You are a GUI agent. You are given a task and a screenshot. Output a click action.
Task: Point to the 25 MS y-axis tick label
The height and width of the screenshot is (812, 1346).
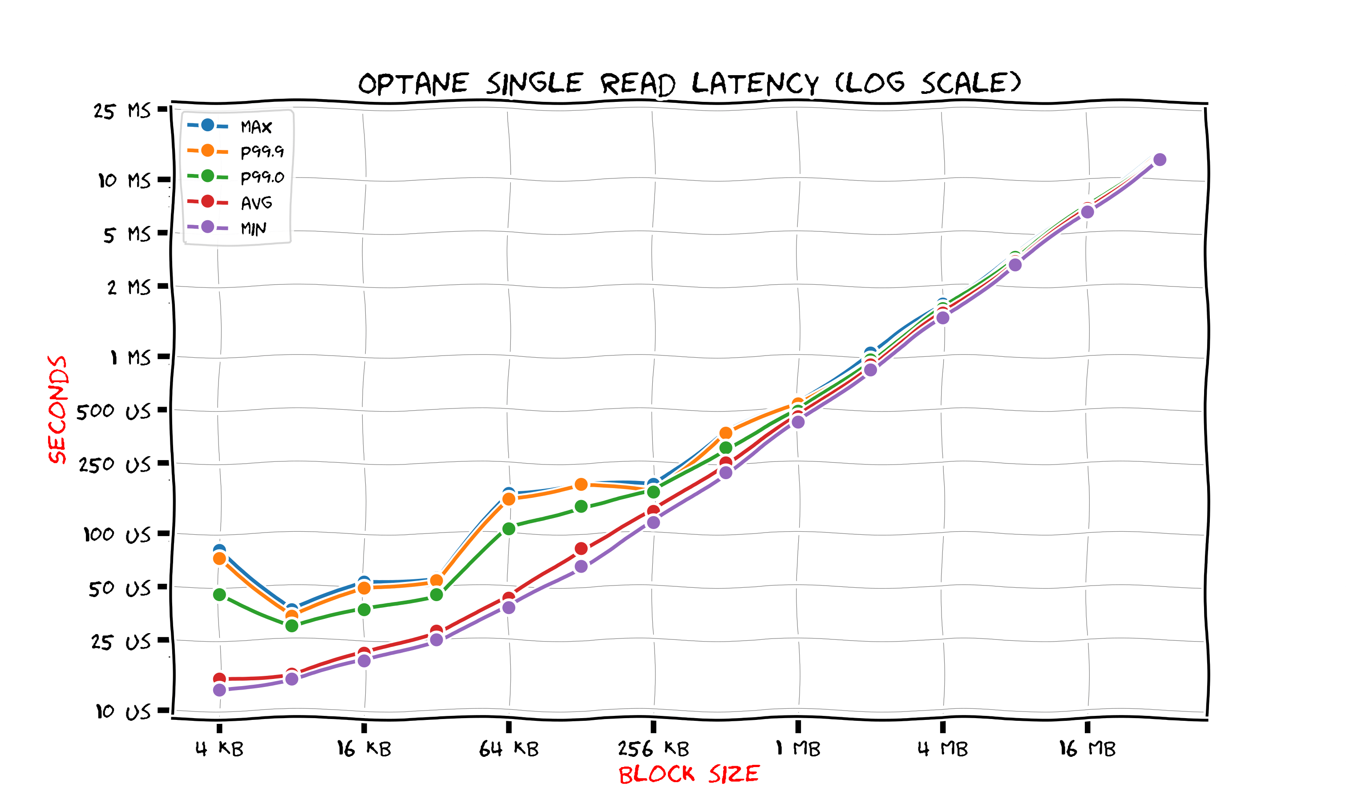(x=122, y=111)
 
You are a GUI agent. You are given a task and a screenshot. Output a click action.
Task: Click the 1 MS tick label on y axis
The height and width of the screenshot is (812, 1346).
(x=130, y=358)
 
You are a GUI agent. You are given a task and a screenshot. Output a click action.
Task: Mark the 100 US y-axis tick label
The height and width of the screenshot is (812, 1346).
(x=116, y=535)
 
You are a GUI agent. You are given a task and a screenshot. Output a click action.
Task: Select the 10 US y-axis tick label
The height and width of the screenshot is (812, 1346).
(x=123, y=711)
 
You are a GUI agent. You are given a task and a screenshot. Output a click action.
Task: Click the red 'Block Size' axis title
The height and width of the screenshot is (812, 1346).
(x=689, y=774)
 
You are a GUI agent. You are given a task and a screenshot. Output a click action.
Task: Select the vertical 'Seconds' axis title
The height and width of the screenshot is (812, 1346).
(x=57, y=409)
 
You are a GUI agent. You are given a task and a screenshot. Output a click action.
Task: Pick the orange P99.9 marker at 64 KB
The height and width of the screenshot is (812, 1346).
(x=509, y=499)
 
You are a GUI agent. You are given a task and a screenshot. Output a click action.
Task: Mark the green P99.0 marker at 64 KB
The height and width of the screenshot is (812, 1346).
(x=509, y=529)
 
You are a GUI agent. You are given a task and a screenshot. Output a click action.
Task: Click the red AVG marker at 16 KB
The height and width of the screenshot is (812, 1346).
(x=364, y=653)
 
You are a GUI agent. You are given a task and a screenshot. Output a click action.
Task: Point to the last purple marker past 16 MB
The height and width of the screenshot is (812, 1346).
(x=1160, y=159)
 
